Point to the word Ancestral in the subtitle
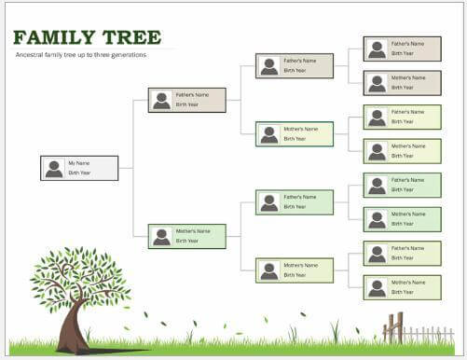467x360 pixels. click(x=34, y=55)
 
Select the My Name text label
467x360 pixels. click(x=78, y=163)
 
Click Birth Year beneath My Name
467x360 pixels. click(x=79, y=173)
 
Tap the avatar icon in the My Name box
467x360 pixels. click(x=54, y=169)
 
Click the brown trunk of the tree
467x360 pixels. click(x=73, y=326)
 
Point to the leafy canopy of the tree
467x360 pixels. click(x=79, y=275)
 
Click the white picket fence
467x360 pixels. click(x=429, y=332)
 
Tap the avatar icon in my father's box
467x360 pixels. click(x=161, y=100)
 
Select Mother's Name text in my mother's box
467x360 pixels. click(x=193, y=230)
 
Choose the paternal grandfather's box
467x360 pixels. click(x=295, y=66)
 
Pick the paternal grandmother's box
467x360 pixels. click(x=295, y=134)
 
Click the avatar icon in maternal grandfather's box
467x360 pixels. click(x=269, y=202)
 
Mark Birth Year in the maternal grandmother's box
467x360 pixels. click(x=295, y=275)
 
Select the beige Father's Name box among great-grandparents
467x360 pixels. click(x=402, y=48)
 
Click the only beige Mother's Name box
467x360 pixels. click(x=402, y=83)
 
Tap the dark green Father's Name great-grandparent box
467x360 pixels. click(x=402, y=185)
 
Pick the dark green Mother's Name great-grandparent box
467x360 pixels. click(x=402, y=219)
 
